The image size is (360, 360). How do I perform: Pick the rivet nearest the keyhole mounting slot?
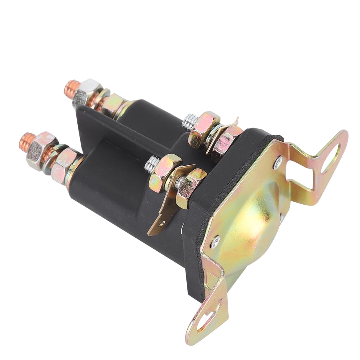215,242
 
